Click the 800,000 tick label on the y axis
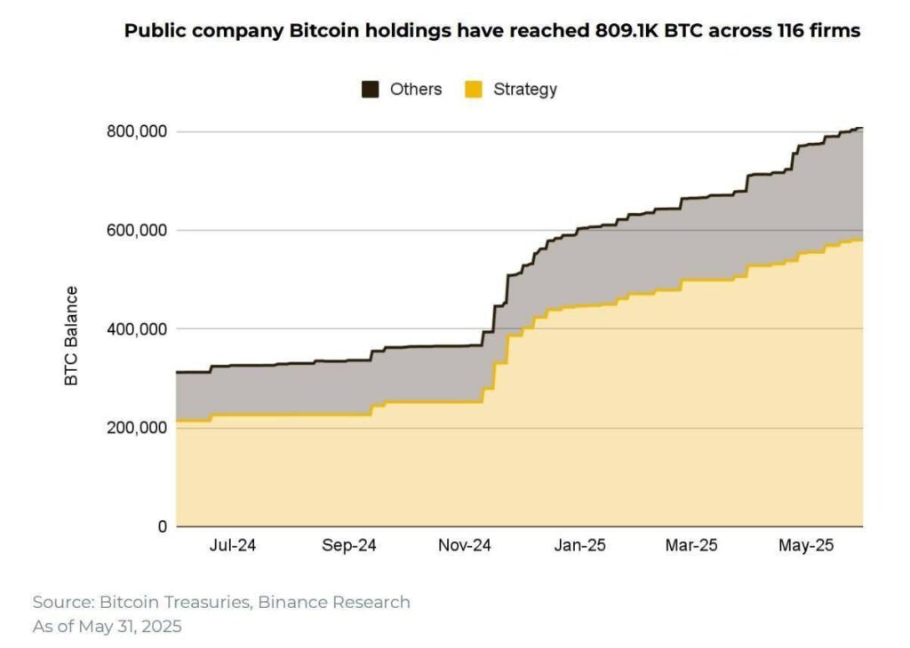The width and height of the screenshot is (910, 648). click(136, 132)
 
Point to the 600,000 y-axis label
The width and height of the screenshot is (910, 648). click(136, 231)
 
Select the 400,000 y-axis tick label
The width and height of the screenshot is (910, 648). click(136, 329)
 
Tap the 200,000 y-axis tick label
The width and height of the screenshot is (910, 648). click(136, 428)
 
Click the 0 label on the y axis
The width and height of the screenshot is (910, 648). click(161, 527)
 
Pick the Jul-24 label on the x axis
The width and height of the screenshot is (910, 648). click(233, 546)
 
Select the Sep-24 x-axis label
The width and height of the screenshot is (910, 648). click(349, 546)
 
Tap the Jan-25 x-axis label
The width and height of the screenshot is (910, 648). click(579, 546)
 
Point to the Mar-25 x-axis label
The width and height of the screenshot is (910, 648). click(691, 546)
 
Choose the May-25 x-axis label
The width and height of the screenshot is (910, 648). click(805, 546)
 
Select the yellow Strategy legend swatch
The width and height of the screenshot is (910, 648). click(474, 90)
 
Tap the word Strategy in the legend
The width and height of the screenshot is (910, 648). click(525, 90)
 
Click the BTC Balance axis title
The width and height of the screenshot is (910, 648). click(71, 336)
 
